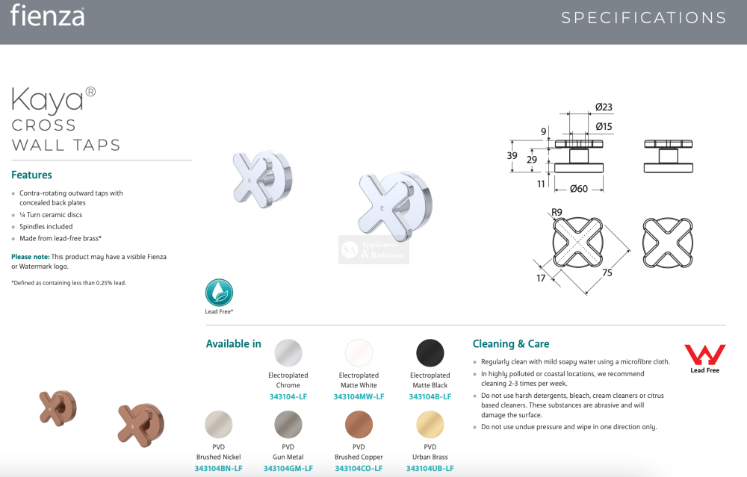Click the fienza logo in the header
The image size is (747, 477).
[47, 16]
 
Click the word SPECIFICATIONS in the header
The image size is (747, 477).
[644, 18]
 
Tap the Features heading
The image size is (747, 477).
[31, 175]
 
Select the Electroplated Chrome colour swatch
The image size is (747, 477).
[288, 353]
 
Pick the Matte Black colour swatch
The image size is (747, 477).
[430, 353]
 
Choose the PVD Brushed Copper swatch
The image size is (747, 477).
[359, 424]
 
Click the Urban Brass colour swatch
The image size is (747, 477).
[430, 424]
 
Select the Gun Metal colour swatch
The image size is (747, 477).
[288, 424]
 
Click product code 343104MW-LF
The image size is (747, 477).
[359, 396]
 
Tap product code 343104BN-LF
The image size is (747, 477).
[218, 469]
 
